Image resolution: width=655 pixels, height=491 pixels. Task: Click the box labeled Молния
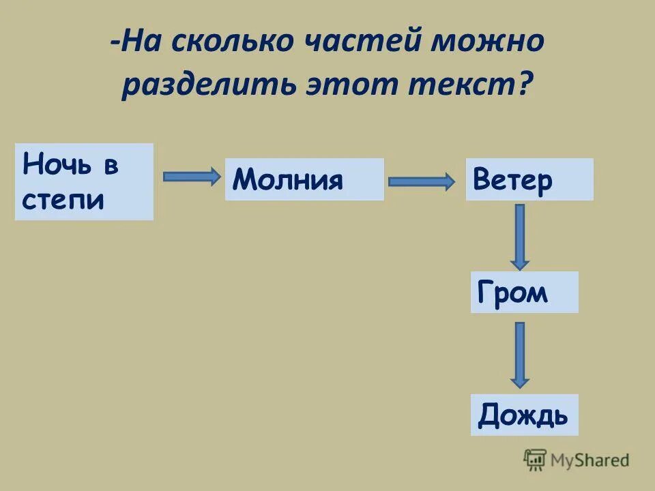[x=304, y=179]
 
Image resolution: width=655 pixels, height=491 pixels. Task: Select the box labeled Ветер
[x=529, y=179]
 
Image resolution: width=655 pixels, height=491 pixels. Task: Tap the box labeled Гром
[x=524, y=293]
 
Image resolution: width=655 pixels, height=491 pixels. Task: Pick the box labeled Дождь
[x=524, y=415]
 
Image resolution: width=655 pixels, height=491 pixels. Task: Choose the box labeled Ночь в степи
[x=84, y=181]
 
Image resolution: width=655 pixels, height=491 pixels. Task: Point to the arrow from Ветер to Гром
[x=520, y=236]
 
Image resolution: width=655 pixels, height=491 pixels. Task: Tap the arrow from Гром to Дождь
[x=520, y=355]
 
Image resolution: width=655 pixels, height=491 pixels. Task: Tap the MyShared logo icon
[x=535, y=460]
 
